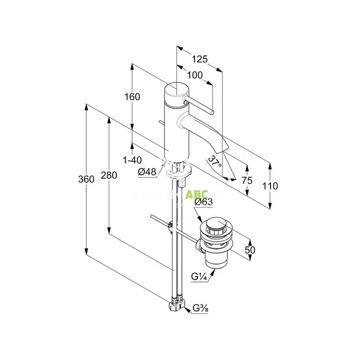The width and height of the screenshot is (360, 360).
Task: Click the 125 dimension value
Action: coord(200,59)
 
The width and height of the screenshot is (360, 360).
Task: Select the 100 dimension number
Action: coord(194,75)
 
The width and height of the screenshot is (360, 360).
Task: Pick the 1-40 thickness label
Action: coord(131,160)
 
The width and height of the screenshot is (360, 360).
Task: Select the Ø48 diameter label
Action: coord(147,172)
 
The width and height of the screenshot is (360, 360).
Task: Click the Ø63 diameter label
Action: coord(205,202)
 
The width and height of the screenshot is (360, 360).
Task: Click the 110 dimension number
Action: coord(270,187)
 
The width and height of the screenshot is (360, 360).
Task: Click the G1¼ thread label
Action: coord(200,277)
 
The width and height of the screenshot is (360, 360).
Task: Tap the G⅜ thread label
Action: coord(200,310)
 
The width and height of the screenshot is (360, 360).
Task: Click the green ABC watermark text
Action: coord(196,194)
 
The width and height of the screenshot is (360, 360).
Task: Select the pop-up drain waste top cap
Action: coord(215,227)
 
